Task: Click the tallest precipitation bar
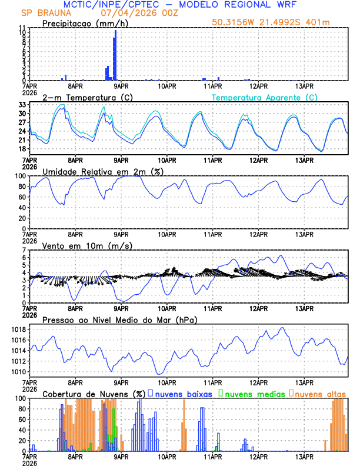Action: [115, 55]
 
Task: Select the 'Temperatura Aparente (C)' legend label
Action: [265, 97]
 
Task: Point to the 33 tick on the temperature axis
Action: [22, 105]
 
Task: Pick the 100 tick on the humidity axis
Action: [19, 176]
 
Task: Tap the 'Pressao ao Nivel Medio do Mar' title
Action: [120, 319]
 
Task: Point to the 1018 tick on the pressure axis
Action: [17, 329]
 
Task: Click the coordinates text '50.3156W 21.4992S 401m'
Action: [279, 24]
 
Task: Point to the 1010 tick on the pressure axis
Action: [17, 372]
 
